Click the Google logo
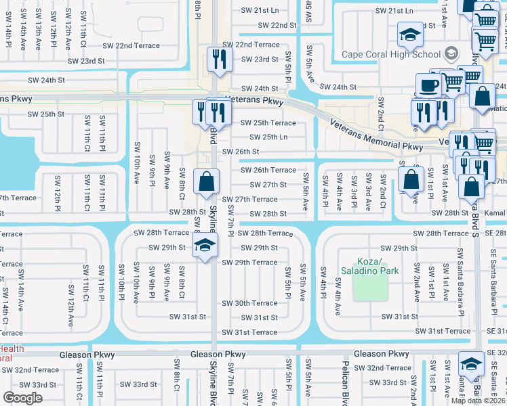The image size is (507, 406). click(22, 398)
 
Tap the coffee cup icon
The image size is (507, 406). click(429, 86)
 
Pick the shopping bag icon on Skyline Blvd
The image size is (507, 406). click(205, 181)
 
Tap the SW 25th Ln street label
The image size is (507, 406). click(265, 137)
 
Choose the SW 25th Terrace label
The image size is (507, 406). click(268, 123)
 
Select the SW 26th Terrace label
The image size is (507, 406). click(268, 171)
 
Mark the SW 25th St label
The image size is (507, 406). click(46, 114)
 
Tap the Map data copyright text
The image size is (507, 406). click(477, 401)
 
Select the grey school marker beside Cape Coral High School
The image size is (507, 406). click(452, 54)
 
